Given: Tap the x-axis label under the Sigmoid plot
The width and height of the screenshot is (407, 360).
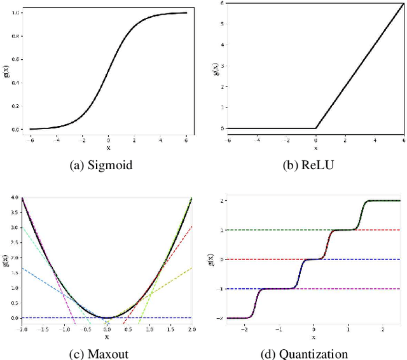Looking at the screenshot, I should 107,148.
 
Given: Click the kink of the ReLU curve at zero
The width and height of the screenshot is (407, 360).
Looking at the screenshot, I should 316,128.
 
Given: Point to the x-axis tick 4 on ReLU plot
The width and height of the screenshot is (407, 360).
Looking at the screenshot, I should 375,139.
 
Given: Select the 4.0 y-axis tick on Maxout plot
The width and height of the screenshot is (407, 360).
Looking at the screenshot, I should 15,198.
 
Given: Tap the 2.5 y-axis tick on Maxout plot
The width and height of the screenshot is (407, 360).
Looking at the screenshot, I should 15,243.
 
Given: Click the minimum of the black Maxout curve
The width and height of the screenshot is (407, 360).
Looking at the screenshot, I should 107,317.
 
